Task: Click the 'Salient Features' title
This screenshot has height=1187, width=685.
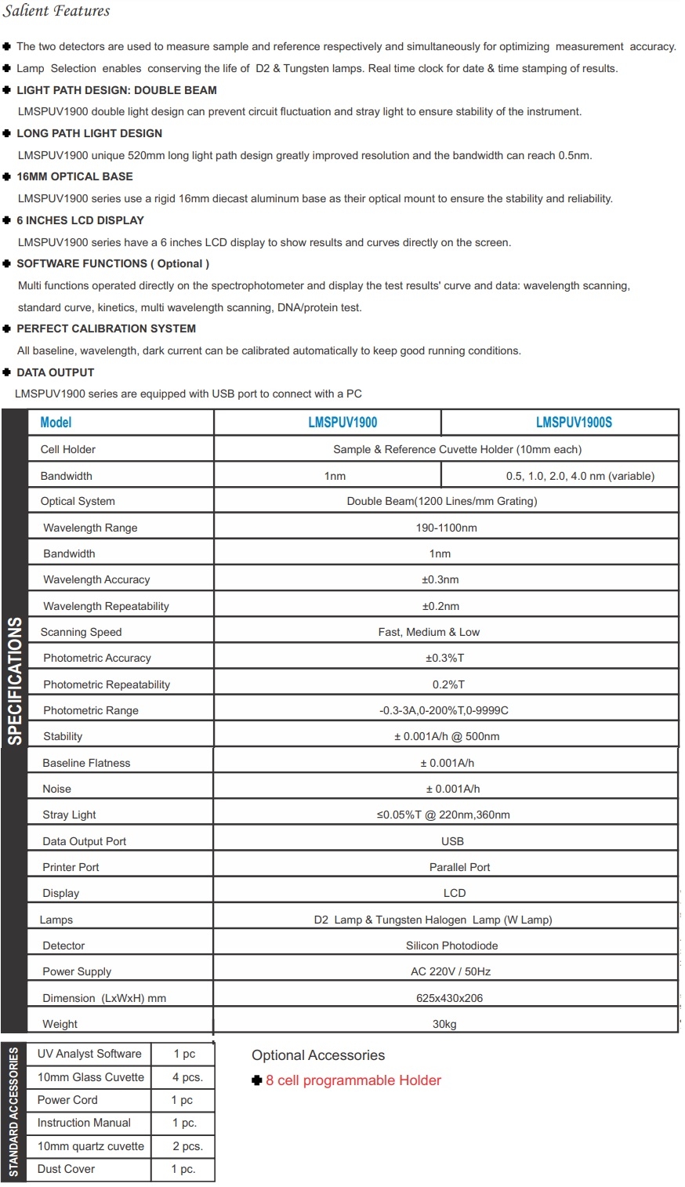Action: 56,11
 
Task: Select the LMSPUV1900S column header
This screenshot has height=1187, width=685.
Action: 574,423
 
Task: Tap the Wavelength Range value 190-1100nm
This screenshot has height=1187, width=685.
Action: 446,528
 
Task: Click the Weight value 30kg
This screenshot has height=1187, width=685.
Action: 444,1024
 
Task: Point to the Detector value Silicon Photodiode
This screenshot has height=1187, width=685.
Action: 451,946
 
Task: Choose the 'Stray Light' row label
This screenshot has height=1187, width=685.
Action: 69,815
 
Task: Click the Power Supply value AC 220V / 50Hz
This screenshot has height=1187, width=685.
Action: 451,971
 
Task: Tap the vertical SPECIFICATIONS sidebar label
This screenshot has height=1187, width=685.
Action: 15,681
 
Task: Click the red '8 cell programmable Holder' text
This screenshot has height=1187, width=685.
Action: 353,1080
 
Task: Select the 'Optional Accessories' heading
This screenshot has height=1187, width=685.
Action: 318,1055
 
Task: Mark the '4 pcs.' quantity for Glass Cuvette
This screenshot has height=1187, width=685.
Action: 187,1077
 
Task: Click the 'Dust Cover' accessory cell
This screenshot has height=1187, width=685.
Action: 66,1169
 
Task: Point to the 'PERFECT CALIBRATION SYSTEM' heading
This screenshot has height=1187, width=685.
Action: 106,329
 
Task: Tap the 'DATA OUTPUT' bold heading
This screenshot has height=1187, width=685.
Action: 55,372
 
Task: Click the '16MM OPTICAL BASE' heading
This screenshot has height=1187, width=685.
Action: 74,176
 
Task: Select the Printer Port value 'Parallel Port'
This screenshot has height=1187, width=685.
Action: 459,867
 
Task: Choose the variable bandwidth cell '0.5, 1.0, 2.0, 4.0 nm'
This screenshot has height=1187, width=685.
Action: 579,476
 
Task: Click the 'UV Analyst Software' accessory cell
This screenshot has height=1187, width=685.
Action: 89,1054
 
